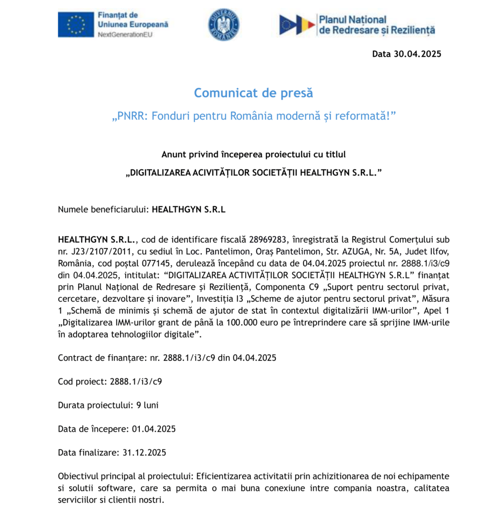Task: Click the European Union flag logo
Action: click(x=76, y=25)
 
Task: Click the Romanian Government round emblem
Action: click(x=224, y=24)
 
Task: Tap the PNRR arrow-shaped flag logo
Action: click(x=297, y=25)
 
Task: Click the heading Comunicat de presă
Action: click(x=253, y=93)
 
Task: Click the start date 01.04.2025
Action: click(x=154, y=429)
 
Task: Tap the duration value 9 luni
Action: click(x=147, y=405)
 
